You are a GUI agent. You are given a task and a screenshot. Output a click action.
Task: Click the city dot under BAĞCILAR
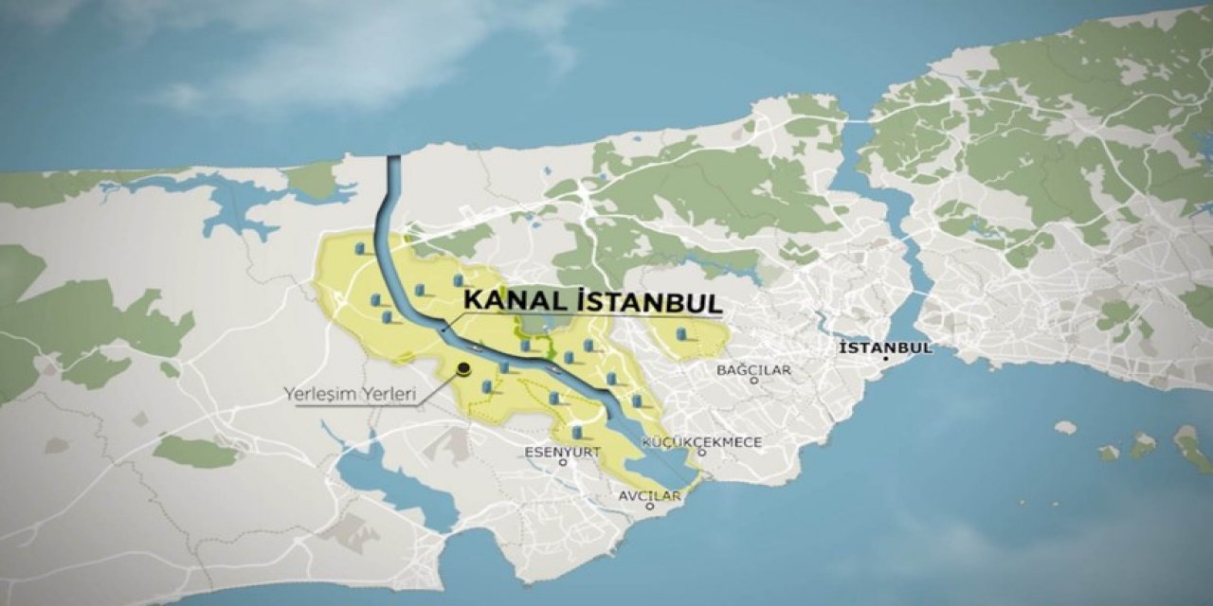coord(754,381)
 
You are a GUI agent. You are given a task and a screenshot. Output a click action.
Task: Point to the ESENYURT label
coord(563,453)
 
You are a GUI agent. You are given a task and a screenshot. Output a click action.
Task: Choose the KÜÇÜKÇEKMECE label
coord(701,442)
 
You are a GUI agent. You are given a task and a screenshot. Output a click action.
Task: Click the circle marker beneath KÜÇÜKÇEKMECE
coord(701,454)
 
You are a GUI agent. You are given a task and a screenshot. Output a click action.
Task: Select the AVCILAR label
coord(650,495)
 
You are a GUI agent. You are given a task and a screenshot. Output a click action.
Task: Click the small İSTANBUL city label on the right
coord(885,348)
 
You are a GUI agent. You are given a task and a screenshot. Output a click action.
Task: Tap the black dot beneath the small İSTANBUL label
coord(885,359)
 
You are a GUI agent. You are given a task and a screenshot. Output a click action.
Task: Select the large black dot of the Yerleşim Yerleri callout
coord(463,369)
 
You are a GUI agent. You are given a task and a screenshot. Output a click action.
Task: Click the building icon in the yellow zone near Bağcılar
coord(681,335)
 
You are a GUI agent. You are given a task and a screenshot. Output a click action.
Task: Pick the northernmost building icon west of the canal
coord(361,249)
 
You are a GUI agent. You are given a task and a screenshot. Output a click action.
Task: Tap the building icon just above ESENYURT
coord(577,434)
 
